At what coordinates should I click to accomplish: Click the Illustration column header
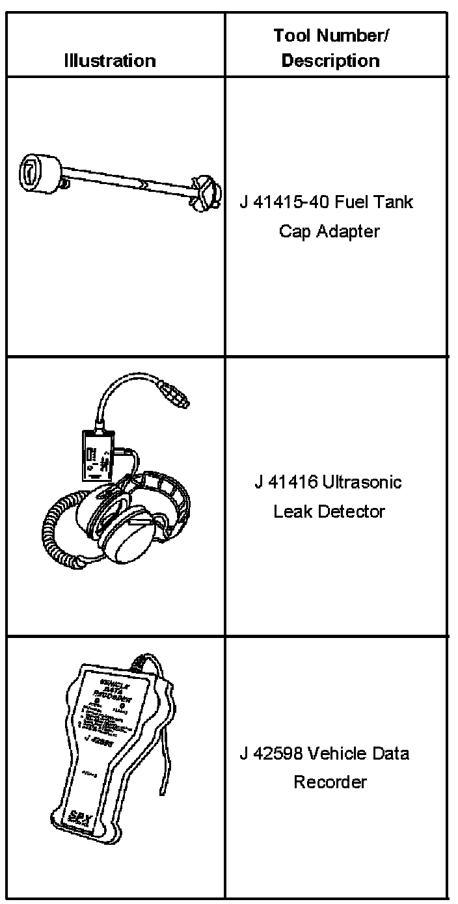(110, 61)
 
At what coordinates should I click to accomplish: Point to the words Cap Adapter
(329, 232)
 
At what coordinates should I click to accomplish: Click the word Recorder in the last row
(330, 782)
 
